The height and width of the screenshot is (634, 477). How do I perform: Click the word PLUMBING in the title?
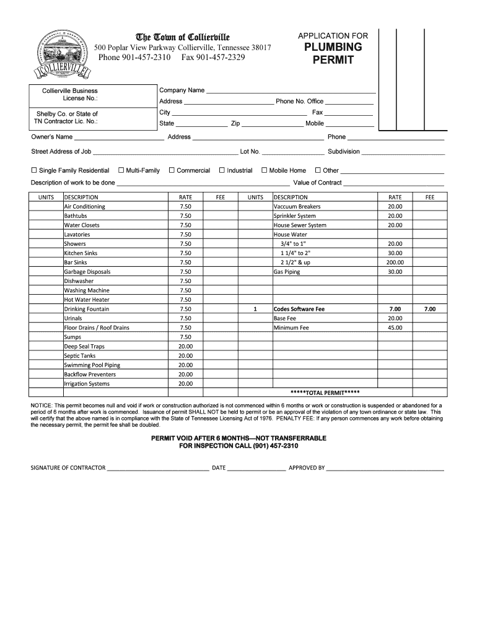tap(333, 47)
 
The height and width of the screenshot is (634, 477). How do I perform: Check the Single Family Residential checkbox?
tap(34, 170)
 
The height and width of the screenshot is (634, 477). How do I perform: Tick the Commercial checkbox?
tap(172, 170)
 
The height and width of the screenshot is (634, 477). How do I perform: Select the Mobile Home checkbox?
tap(264, 170)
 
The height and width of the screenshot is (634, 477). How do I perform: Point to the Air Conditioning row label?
tap(85, 207)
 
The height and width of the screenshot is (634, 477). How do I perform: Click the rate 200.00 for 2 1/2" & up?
tap(395, 263)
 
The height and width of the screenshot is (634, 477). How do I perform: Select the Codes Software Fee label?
tap(299, 309)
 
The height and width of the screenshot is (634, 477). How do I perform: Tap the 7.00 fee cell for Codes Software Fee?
tap(429, 309)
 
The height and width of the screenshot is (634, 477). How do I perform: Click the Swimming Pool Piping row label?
tap(92, 365)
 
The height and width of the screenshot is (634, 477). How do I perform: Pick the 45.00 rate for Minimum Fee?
tap(395, 328)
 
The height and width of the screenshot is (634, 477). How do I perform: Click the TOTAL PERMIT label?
tap(325, 393)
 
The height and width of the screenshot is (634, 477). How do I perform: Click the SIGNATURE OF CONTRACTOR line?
tap(158, 469)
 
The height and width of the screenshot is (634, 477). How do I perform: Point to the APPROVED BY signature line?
tap(385, 469)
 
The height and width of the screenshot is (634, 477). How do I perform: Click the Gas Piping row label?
tap(287, 272)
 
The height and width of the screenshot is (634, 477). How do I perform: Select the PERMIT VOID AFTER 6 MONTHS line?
tap(239, 438)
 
